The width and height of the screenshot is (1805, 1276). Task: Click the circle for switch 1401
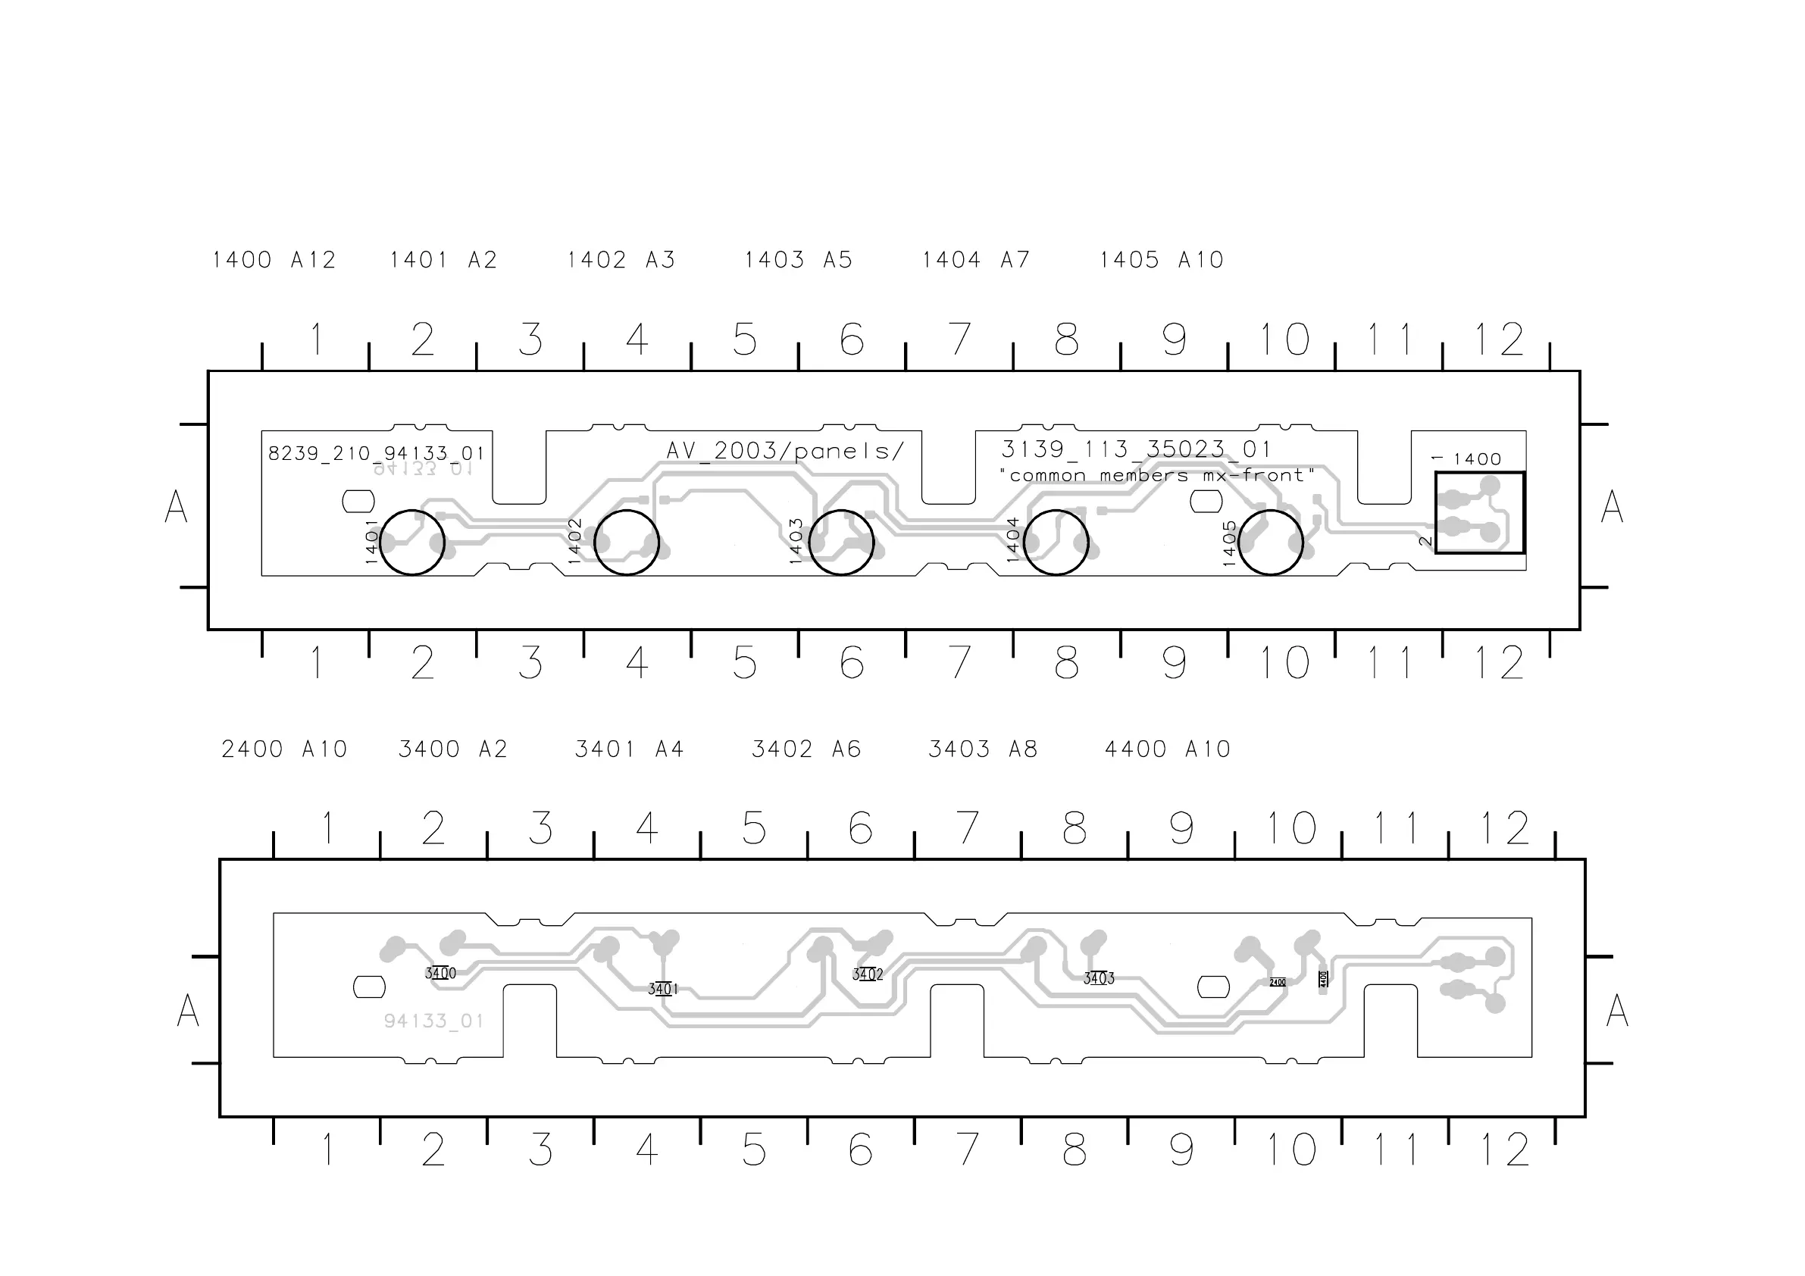tap(412, 543)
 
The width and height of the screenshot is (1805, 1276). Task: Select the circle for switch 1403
tap(841, 543)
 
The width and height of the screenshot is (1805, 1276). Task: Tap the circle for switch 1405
tap(1271, 543)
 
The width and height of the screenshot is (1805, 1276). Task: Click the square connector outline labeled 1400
tap(1478, 513)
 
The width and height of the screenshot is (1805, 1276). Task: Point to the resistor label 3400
tap(440, 974)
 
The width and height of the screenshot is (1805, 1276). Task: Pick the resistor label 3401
tap(663, 988)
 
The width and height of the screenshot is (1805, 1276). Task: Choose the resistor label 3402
tap(867, 974)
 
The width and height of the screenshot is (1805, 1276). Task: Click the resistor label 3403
tap(1098, 979)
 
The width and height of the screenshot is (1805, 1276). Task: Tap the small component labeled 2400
tap(1278, 982)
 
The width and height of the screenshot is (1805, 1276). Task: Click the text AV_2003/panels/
tap(784, 452)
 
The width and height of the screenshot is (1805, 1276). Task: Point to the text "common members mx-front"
tap(1156, 476)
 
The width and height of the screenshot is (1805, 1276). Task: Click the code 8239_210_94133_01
tap(376, 454)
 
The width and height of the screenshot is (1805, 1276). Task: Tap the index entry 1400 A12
tap(274, 260)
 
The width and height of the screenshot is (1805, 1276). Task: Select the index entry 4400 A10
tap(1168, 749)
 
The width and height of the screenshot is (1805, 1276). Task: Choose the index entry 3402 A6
tap(806, 749)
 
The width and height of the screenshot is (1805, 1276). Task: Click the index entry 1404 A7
tap(975, 260)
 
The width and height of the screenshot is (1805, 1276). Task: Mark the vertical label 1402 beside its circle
tap(574, 541)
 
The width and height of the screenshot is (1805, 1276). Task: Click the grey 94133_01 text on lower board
tap(433, 1021)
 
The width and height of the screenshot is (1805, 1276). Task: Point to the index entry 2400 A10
tap(284, 749)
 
